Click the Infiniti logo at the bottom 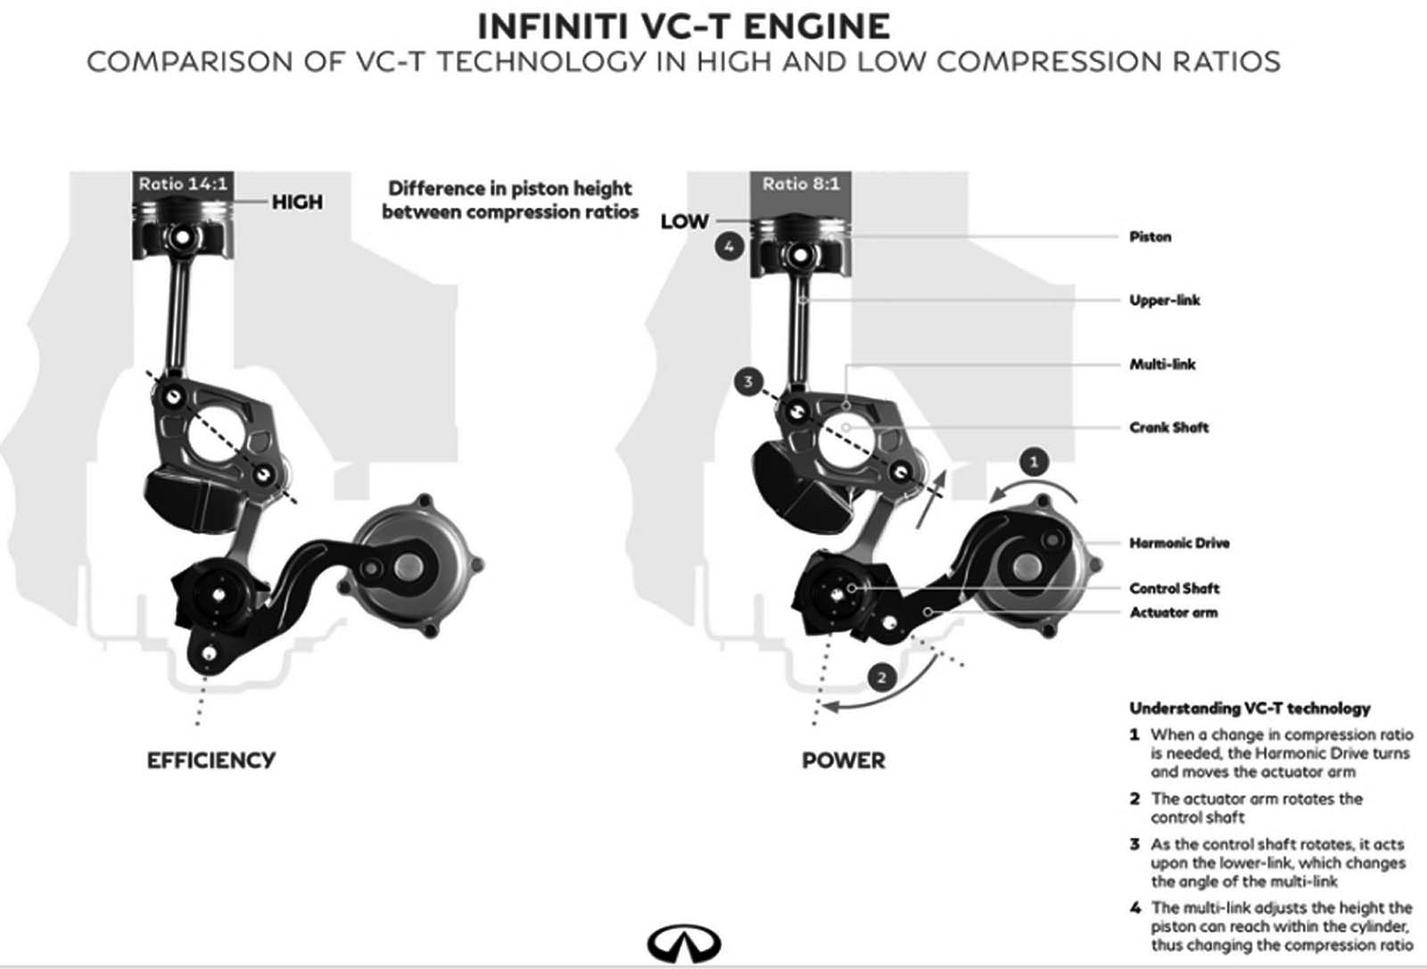coord(684,943)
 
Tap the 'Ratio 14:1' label coord(183,185)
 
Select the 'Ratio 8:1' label coord(800,185)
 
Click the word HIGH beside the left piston coord(297,202)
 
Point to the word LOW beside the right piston coord(684,221)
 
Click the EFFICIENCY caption coord(211,760)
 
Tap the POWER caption coord(844,760)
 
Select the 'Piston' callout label coord(1150,237)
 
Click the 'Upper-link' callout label coord(1165,300)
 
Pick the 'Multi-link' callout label coord(1162,364)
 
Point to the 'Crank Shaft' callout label coord(1169,427)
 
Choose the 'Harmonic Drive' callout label coord(1179,543)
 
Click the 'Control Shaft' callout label coord(1174,588)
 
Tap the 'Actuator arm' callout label coord(1173,612)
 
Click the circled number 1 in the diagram coord(1034,462)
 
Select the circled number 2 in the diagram coord(881,677)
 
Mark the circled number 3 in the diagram coord(748,382)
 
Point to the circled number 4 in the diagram coord(729,246)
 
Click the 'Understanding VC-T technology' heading coord(1250,709)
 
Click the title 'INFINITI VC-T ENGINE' coord(683,27)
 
